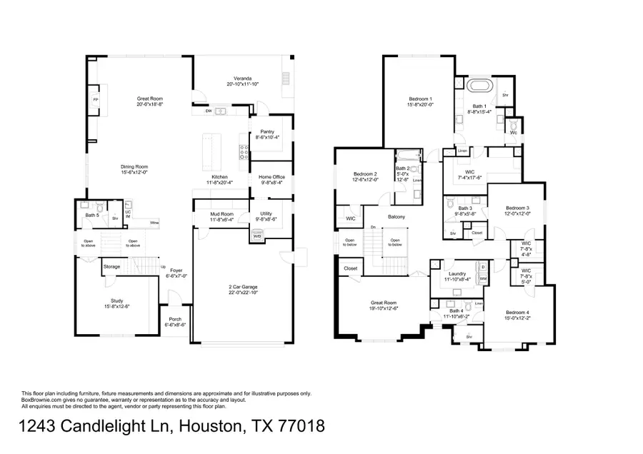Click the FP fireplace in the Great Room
(x=95, y=100)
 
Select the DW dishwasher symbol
(x=208, y=111)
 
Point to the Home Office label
(x=271, y=179)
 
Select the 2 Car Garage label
(x=242, y=288)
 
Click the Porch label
(x=174, y=321)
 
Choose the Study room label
(x=116, y=303)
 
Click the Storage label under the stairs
(x=111, y=267)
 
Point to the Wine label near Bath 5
(x=154, y=223)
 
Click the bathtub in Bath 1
(x=479, y=86)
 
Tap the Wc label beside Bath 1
(x=514, y=131)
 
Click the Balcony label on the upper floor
(x=397, y=217)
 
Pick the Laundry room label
(x=457, y=275)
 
